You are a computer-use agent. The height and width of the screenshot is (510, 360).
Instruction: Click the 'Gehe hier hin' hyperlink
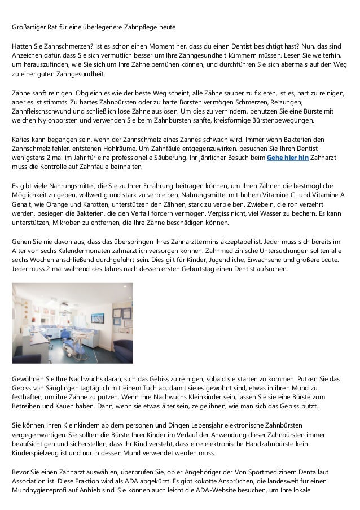tap(287, 158)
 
